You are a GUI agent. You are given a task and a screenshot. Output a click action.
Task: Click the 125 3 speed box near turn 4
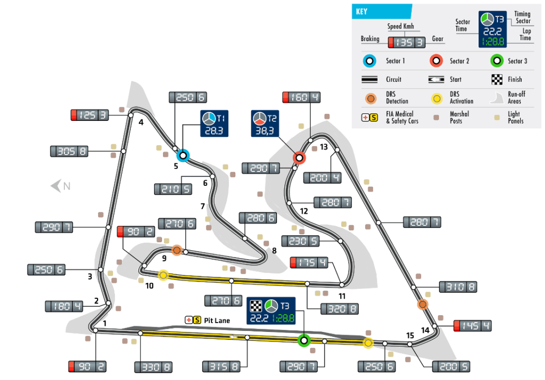90,115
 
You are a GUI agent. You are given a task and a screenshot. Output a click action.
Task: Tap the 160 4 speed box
302,98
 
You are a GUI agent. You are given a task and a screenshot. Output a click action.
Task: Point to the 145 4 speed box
473,326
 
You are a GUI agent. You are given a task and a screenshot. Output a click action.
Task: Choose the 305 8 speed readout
69,151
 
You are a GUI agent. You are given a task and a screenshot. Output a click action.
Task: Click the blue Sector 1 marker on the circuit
183,155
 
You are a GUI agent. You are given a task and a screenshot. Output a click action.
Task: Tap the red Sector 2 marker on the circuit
299,158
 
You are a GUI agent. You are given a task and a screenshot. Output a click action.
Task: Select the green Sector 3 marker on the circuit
303,340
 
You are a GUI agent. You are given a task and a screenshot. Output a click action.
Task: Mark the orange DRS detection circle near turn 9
177,250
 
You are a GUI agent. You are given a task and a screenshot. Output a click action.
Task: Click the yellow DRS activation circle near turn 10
164,275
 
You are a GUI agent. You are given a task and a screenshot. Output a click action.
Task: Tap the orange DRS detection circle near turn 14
422,304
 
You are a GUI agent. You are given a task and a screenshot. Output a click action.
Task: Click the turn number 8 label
274,251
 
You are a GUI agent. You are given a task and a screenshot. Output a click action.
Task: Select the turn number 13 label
323,147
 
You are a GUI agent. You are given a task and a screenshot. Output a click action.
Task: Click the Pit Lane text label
217,320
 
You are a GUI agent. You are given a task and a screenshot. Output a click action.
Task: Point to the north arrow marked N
60,186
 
